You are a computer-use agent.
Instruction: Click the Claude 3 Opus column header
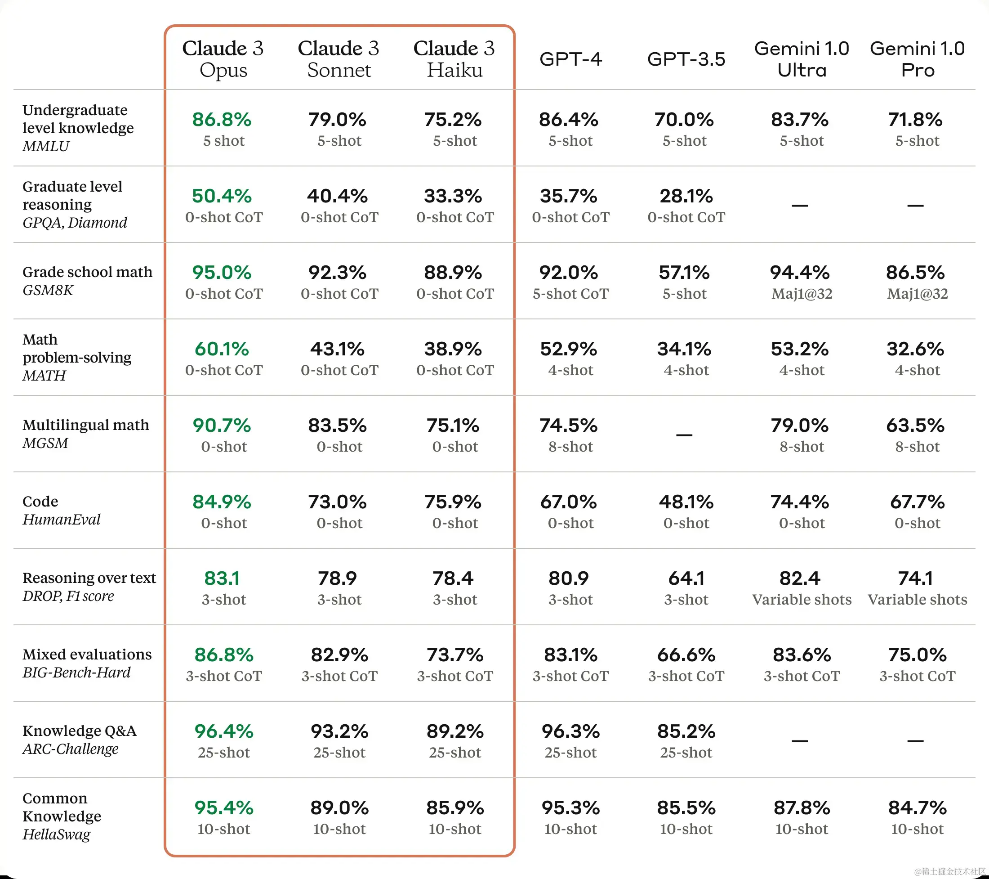click(223, 59)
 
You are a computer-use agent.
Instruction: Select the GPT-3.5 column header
click(686, 59)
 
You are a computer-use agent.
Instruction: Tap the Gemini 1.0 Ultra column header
click(802, 59)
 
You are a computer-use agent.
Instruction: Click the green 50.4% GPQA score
click(222, 196)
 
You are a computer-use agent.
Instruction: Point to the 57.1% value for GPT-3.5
click(684, 273)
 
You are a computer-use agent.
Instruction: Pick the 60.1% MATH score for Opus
click(222, 349)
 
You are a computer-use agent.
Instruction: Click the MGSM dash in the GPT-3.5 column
click(684, 435)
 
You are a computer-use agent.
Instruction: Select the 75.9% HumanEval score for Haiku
click(453, 502)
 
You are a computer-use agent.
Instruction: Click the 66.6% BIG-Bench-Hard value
click(686, 655)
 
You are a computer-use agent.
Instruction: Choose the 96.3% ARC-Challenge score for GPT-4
click(570, 732)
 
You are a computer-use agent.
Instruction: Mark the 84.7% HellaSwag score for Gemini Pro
click(918, 808)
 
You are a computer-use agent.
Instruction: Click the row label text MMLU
click(46, 146)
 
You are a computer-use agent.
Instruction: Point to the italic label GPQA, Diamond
click(75, 223)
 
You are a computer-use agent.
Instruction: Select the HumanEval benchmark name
click(62, 520)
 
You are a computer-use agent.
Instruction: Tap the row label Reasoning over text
click(89, 578)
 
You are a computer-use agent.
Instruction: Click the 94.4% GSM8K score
click(800, 273)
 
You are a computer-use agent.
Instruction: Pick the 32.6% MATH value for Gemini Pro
click(915, 349)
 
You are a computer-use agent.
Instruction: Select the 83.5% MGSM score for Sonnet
click(337, 426)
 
